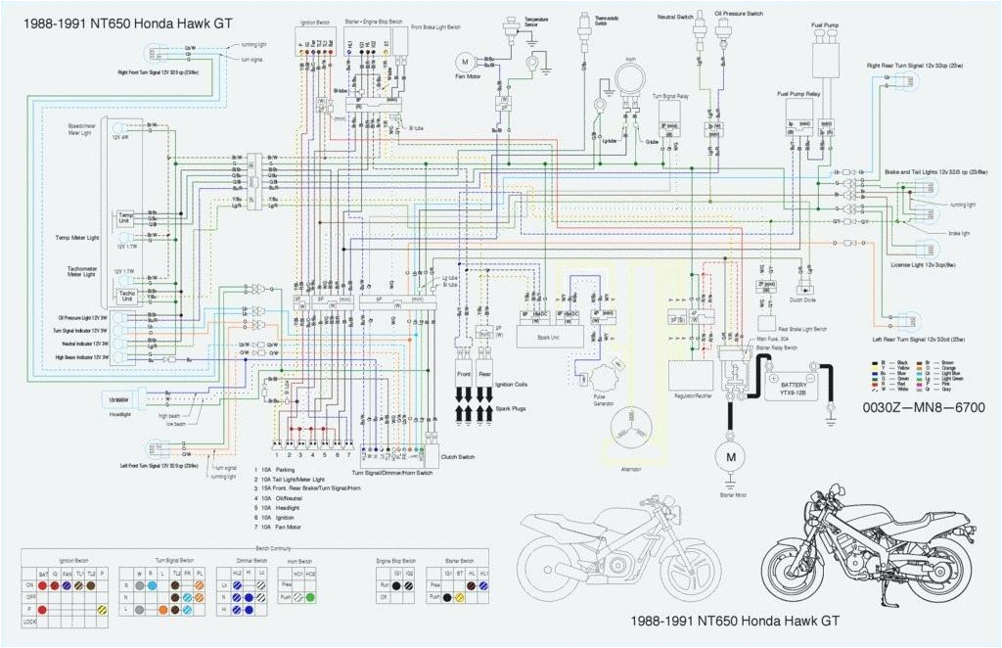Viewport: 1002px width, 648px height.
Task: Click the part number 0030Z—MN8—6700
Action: tap(923, 407)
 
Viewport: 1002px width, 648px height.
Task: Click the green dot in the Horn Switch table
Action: tap(310, 595)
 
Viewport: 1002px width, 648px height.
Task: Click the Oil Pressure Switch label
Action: tap(738, 14)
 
